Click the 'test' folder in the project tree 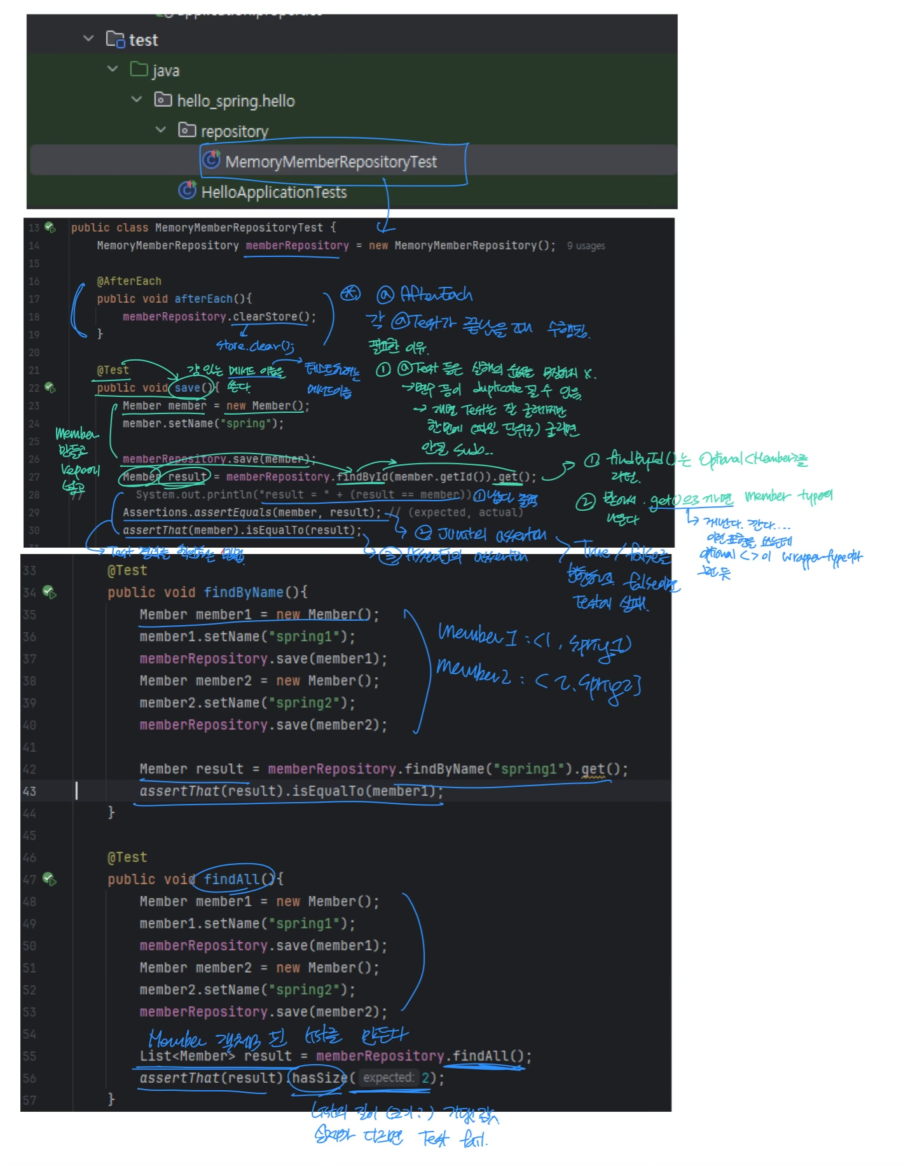[143, 40]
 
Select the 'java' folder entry [165, 71]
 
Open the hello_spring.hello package [235, 101]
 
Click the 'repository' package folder [234, 132]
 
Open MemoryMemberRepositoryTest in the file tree [331, 162]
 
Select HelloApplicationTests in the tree [273, 192]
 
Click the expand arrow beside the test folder [88, 39]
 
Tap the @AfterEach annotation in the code [129, 281]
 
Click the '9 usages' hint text [586, 246]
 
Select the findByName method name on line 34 [244, 593]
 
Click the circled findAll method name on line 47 [231, 880]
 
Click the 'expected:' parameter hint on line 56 [388, 1078]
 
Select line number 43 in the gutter [30, 791]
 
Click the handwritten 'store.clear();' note [254, 346]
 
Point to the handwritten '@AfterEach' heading [426, 294]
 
